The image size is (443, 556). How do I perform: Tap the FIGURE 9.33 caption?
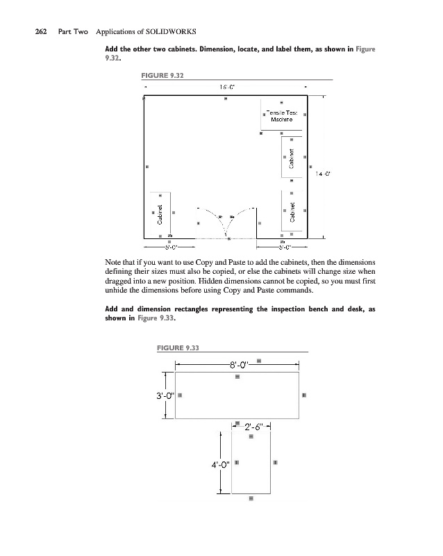[x=178, y=348]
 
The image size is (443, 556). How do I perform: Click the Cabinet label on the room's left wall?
[x=160, y=214]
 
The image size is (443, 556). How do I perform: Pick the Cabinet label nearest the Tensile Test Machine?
[x=292, y=158]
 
